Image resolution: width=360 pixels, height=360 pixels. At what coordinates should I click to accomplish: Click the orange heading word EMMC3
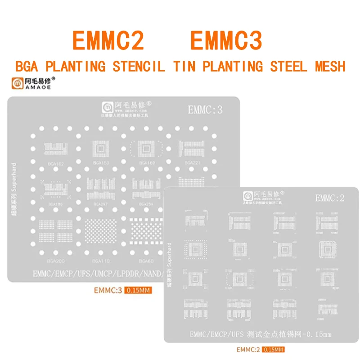coord(226,41)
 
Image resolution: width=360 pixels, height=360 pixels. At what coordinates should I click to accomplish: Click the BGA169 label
coord(147,162)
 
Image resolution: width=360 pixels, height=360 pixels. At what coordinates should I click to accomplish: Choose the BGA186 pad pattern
coord(54,189)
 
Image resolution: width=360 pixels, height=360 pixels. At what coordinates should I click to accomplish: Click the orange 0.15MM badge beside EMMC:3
coord(139,290)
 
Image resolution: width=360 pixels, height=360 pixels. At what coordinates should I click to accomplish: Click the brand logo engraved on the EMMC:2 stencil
coord(247,196)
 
